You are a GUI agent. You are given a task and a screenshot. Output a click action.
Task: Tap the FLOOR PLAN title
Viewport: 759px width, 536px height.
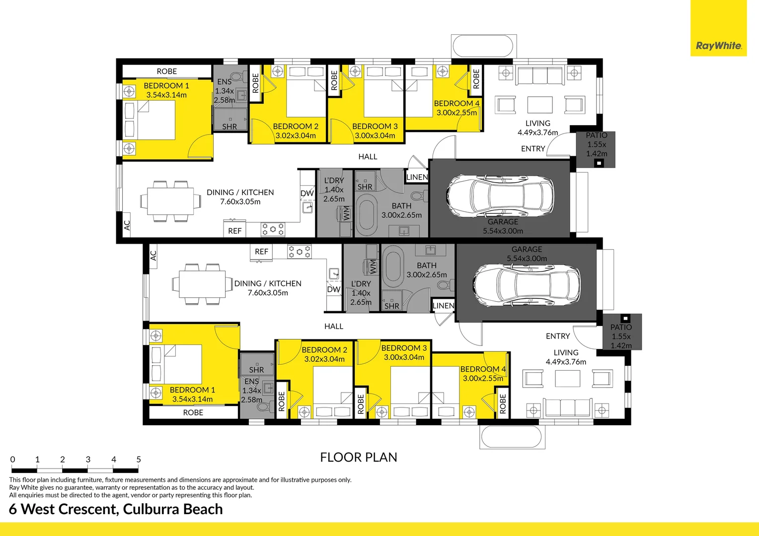click(x=359, y=458)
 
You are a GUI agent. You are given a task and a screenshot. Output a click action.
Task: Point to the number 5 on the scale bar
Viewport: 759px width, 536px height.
click(x=139, y=460)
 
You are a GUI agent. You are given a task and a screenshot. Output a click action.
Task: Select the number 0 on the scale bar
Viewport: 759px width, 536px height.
click(x=12, y=460)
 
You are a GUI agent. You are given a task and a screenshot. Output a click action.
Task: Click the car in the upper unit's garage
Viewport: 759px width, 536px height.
click(x=500, y=196)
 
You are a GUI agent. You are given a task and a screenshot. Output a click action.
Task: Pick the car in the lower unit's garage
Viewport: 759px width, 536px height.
click(x=527, y=284)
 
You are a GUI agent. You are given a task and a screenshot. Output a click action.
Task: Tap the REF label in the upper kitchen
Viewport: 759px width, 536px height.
click(x=235, y=231)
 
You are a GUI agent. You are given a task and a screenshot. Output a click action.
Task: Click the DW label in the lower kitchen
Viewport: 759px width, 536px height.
click(x=334, y=289)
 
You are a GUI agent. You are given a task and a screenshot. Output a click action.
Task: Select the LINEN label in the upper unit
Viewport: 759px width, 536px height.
click(x=417, y=177)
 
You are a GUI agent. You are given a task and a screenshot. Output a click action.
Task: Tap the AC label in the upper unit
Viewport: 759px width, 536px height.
click(x=127, y=225)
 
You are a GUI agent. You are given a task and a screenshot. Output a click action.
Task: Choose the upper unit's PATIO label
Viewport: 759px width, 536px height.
click(x=597, y=135)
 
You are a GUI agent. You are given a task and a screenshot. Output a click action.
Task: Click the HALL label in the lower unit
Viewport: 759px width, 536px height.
click(x=334, y=326)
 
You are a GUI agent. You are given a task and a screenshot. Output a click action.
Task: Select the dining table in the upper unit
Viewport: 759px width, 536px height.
click(x=170, y=201)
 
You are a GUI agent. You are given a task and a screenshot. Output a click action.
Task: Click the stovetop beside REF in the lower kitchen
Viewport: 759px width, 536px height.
click(x=299, y=252)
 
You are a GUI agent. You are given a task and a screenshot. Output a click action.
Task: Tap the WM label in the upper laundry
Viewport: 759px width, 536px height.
click(x=346, y=214)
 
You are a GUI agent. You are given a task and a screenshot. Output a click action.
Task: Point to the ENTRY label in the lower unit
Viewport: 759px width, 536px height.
click(x=558, y=336)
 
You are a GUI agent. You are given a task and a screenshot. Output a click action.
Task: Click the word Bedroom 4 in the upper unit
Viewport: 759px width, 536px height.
click(x=457, y=103)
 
